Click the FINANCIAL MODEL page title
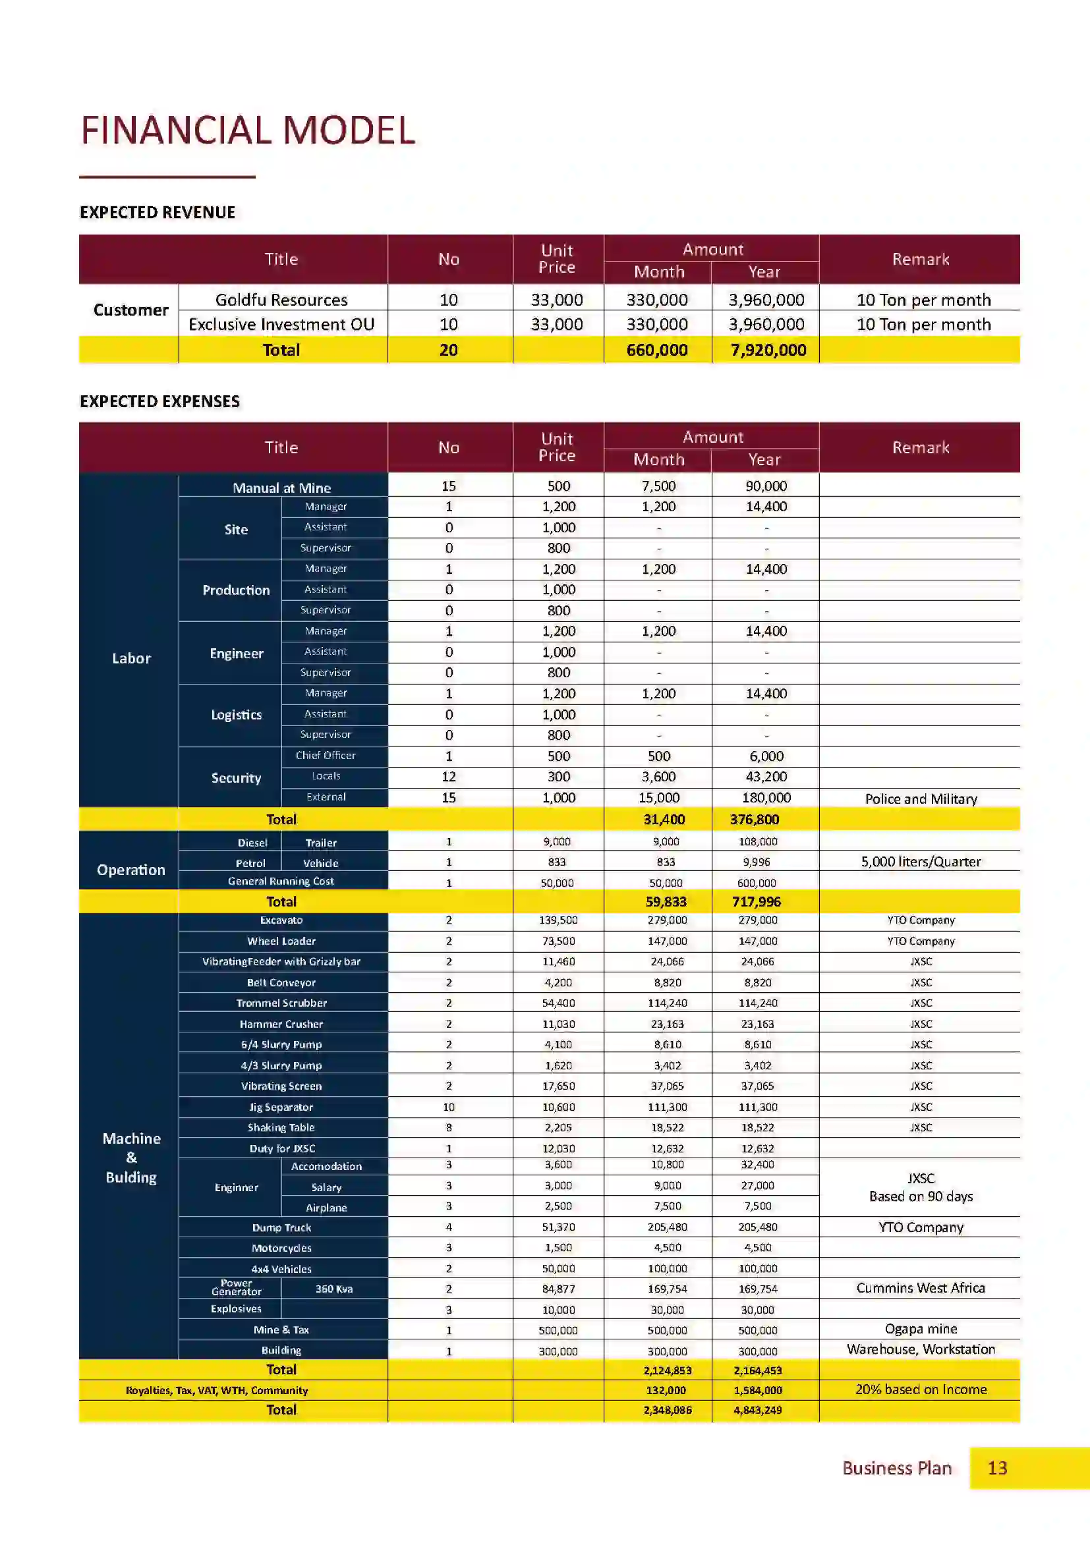(x=248, y=130)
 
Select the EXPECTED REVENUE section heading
(x=157, y=213)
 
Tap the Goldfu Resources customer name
(x=281, y=300)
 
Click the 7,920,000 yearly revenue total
(x=768, y=350)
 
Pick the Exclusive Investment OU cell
(x=281, y=325)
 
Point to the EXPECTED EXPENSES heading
(x=159, y=401)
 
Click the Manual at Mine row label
(x=281, y=488)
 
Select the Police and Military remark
(x=920, y=799)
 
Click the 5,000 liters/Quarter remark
(x=920, y=862)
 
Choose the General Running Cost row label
(x=281, y=882)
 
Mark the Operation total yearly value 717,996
(x=756, y=902)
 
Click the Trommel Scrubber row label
(x=281, y=1003)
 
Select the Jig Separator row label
(x=281, y=1107)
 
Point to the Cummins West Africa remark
(x=920, y=1288)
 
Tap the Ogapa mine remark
(x=920, y=1329)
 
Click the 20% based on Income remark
(x=920, y=1389)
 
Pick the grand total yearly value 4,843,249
(x=757, y=1410)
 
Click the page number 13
(x=996, y=1468)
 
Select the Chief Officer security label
(x=326, y=756)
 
